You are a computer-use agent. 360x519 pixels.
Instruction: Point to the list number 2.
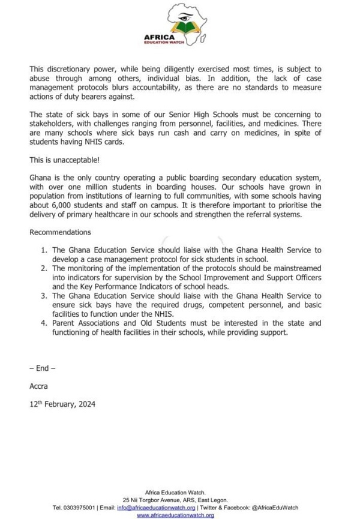pos(43,268)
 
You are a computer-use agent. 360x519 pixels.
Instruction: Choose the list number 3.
pos(43,296)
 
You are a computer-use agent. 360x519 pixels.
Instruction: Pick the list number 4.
pos(43,323)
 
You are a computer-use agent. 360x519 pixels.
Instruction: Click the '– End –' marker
pos(43,368)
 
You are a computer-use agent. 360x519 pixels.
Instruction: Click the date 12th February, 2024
pos(62,404)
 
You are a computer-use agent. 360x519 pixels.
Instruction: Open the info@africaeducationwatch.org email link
pos(156,508)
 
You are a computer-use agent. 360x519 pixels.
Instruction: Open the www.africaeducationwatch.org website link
pos(175,515)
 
